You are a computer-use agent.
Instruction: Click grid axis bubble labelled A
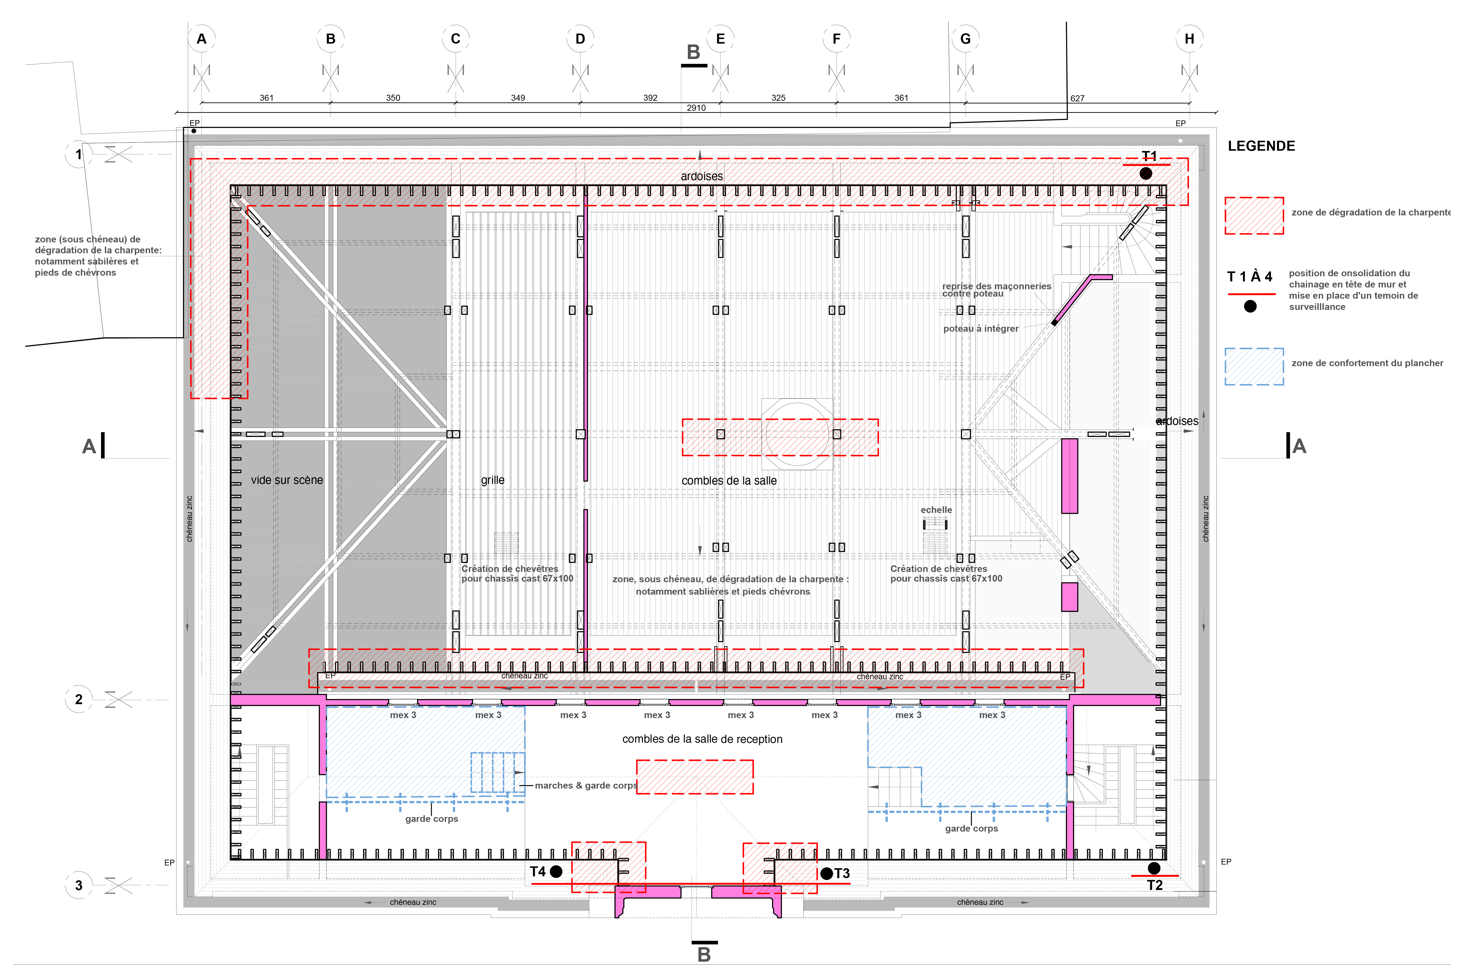pos(201,39)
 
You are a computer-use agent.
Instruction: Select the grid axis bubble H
pos(1189,39)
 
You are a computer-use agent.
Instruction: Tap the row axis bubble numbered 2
pos(78,700)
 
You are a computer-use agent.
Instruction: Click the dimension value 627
pos(1077,98)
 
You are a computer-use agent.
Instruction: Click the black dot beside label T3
pos(826,874)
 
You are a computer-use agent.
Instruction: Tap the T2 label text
pos(1154,885)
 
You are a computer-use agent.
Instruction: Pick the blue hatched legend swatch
pos(1254,367)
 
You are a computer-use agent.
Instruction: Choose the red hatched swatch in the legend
pos(1254,215)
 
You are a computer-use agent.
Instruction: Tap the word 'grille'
pos(492,480)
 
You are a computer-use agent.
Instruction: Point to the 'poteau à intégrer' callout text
pos(981,328)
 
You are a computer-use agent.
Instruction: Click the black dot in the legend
pos(1250,306)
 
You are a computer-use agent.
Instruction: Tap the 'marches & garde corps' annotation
pos(586,785)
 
